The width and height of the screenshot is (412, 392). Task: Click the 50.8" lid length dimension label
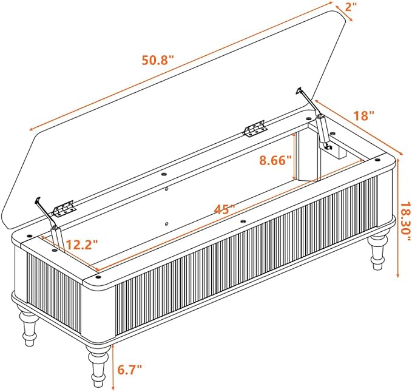tap(158, 60)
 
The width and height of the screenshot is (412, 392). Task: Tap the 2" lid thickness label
tap(351, 7)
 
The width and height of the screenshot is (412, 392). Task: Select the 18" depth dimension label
tap(364, 116)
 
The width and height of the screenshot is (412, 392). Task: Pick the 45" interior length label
tap(225, 209)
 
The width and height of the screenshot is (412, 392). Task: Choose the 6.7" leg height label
tap(129, 370)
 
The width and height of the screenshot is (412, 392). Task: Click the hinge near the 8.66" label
tap(255, 129)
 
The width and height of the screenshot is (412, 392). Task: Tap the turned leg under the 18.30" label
tap(378, 250)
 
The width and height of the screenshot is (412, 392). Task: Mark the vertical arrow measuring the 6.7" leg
tap(113, 367)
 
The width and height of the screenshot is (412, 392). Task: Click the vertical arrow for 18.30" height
tap(398, 218)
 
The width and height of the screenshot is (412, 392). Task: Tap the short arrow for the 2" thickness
tap(343, 12)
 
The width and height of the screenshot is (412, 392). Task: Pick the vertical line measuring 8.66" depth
tap(294, 156)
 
